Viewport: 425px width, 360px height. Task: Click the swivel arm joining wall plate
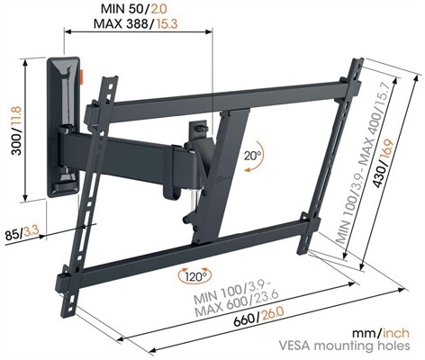pyautogui.click(x=135, y=148)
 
